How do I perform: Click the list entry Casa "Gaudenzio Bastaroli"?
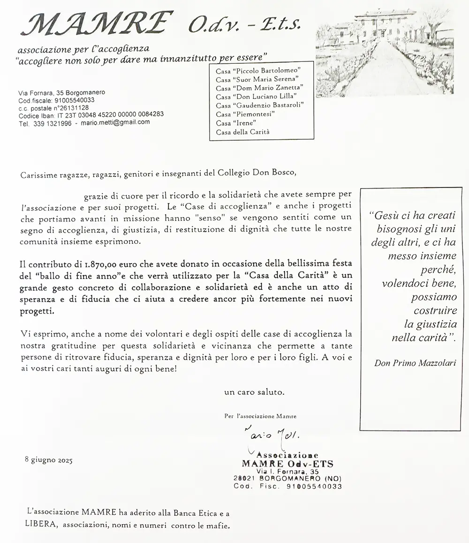[258, 106]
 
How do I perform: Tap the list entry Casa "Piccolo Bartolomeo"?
[257, 71]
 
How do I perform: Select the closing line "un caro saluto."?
[254, 391]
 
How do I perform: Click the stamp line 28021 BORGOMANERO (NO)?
[287, 479]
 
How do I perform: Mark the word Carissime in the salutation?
[37, 174]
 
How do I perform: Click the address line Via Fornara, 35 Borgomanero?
[61, 93]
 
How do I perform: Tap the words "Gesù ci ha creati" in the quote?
[412, 216]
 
